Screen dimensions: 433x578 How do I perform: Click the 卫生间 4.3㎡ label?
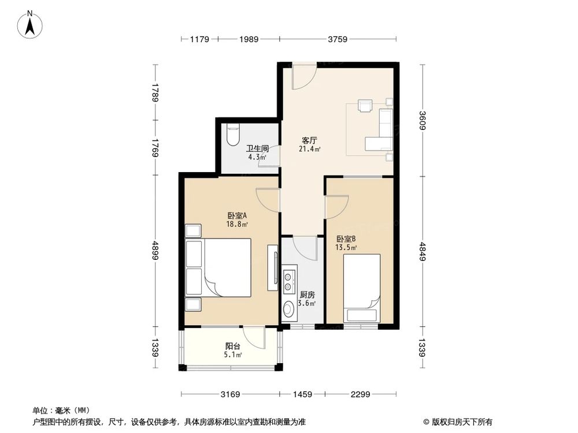point(255,152)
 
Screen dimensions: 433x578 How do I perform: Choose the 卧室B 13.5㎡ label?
point(346,242)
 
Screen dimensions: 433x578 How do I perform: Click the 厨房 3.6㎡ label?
point(307,298)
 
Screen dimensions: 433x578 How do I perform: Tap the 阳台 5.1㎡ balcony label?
point(233,350)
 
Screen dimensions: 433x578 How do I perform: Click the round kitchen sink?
point(288,311)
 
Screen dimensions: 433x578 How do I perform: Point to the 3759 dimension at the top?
point(338,39)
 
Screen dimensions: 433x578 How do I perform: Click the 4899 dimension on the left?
point(155,252)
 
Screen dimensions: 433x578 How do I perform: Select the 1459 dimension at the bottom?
point(302,394)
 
